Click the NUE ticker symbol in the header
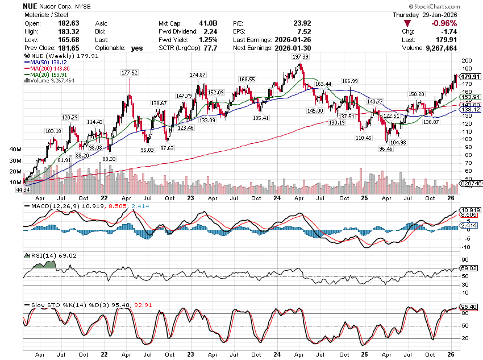click(x=31, y=6)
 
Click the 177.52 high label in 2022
click(x=130, y=73)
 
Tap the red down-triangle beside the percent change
click(x=407, y=23)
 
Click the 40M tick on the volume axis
click(x=15, y=150)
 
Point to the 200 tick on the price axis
click(x=466, y=61)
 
